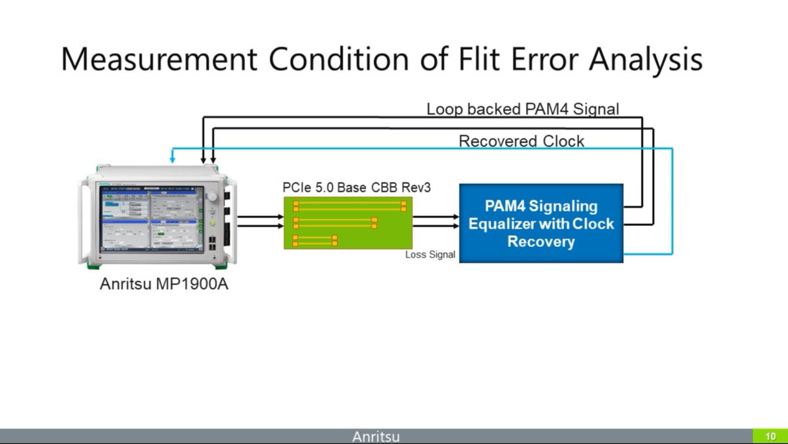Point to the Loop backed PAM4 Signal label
[x=523, y=109]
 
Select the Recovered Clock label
[x=521, y=141]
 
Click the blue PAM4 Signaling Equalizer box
[x=540, y=223]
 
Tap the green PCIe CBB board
[x=347, y=223]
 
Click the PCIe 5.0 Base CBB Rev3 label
[x=357, y=188]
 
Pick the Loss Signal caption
[x=430, y=255]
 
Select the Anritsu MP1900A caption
[x=164, y=286]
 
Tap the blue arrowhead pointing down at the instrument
[x=172, y=160]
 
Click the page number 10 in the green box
[x=770, y=436]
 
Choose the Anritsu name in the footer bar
[x=376, y=436]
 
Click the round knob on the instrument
[x=211, y=197]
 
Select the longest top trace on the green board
[x=349, y=206]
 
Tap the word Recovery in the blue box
[x=540, y=241]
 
